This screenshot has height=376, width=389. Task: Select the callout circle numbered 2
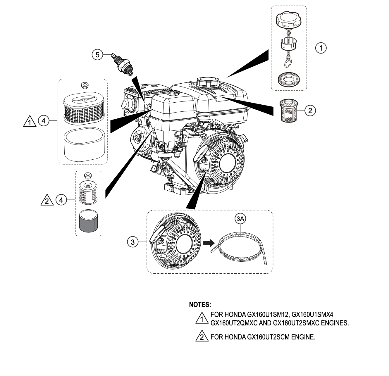click(310, 110)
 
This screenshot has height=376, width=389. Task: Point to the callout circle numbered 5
click(97, 55)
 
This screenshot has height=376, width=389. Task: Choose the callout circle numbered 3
click(133, 242)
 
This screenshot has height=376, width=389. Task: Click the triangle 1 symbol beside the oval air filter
click(28, 121)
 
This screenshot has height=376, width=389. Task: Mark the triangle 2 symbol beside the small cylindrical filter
click(46, 201)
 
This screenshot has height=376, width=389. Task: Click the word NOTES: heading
click(200, 305)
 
